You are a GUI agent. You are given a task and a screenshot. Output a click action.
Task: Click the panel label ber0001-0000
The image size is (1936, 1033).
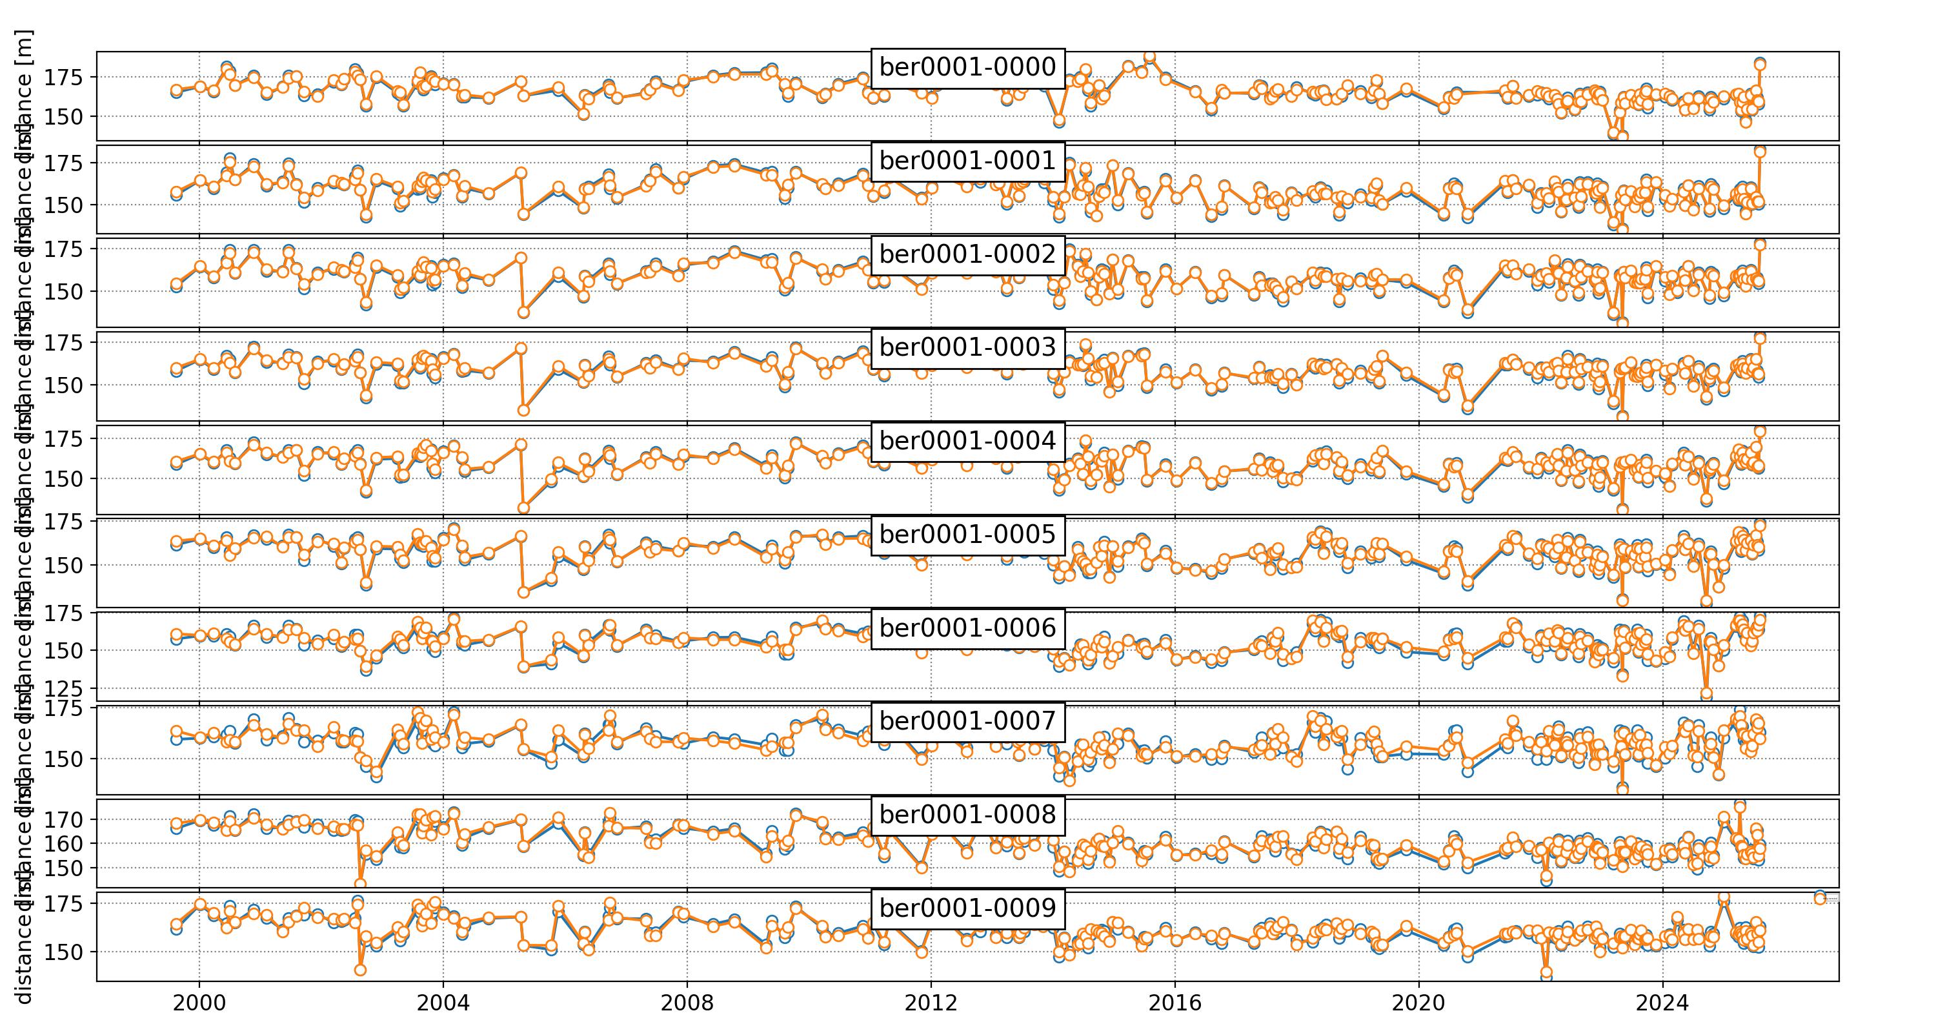pyautogui.click(x=967, y=68)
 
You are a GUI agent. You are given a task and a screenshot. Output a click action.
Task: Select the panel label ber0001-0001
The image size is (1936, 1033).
pyautogui.click(x=967, y=161)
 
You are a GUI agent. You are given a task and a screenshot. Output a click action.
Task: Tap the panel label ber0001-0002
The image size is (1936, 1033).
pyautogui.click(x=967, y=254)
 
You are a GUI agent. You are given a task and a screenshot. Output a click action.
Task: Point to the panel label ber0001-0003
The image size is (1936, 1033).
pyautogui.click(x=967, y=347)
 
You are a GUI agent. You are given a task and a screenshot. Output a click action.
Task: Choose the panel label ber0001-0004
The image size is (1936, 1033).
pyautogui.click(x=967, y=440)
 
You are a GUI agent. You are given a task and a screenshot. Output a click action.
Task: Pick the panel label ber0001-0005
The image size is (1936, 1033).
pyautogui.click(x=967, y=535)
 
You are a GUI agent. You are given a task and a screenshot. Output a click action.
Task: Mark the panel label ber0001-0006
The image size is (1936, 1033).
pyautogui.click(x=967, y=628)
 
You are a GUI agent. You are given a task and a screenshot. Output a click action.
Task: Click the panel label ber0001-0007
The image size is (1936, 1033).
pyautogui.click(x=967, y=721)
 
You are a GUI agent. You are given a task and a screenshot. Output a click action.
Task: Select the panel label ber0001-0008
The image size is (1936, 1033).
pyautogui.click(x=967, y=814)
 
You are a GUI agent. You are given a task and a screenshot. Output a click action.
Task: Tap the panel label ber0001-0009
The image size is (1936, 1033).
pyautogui.click(x=967, y=908)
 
